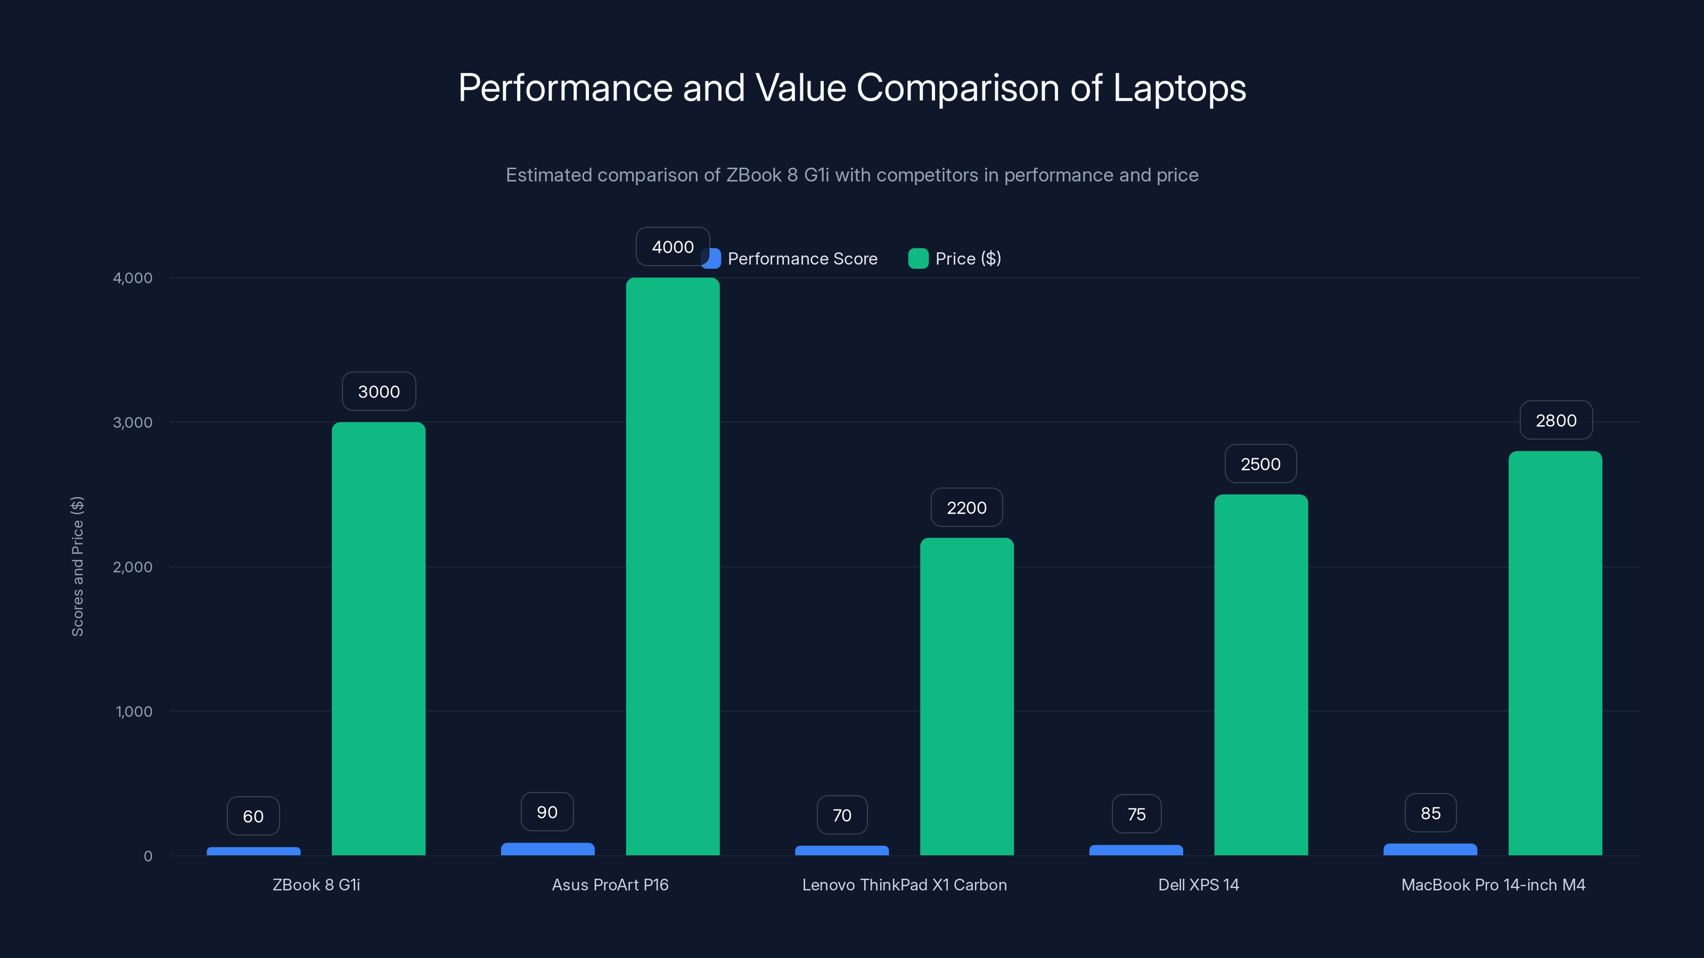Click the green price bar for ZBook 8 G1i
click(x=379, y=638)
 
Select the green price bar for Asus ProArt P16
click(x=673, y=566)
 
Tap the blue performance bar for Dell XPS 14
click(x=1136, y=849)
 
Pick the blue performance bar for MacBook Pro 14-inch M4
click(x=1430, y=849)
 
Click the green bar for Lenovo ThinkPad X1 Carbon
click(x=966, y=696)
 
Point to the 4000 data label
click(x=672, y=246)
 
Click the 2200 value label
click(x=966, y=507)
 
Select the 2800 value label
click(x=1556, y=420)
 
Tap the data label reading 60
click(x=253, y=816)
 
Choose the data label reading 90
click(x=547, y=811)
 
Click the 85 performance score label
click(x=1430, y=813)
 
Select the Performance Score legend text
click(x=802, y=259)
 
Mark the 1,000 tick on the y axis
click(x=134, y=712)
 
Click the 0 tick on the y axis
click(x=148, y=855)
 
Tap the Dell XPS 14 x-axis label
click(x=1198, y=885)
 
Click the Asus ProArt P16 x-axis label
click(x=610, y=885)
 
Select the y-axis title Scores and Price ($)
click(x=77, y=566)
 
